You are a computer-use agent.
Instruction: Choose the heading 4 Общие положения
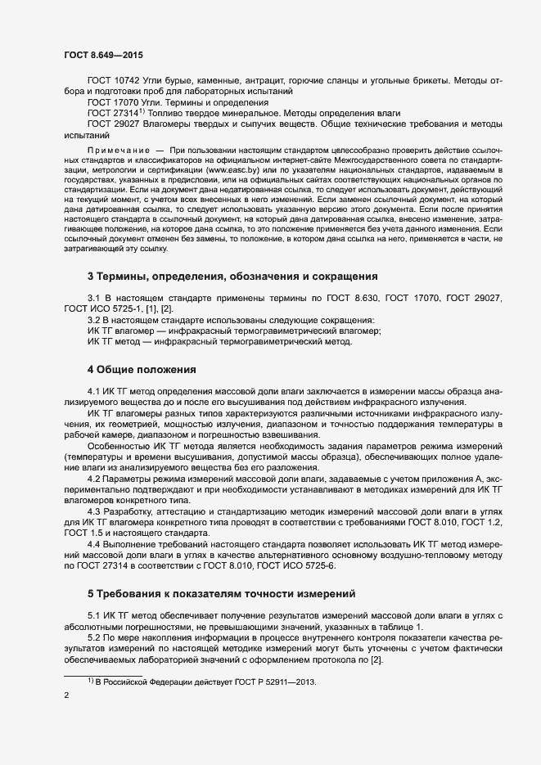click(142, 369)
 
